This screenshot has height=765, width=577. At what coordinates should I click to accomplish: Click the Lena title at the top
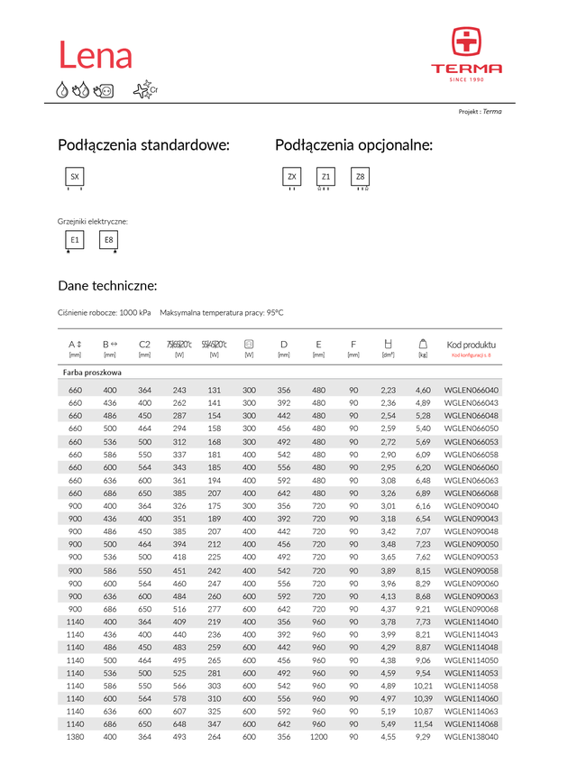[96, 55]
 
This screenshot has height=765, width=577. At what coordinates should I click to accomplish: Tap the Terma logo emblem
[466, 41]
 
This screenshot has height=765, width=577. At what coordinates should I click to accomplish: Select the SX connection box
[75, 177]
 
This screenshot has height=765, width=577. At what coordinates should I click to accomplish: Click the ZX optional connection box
[291, 177]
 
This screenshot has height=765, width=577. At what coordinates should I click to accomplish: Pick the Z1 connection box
[325, 177]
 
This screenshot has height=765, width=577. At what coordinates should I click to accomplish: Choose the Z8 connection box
[360, 177]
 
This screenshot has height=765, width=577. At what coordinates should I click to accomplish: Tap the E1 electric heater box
[75, 240]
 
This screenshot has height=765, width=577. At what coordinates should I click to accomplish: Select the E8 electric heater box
[109, 240]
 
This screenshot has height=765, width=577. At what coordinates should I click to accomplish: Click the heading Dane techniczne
[107, 286]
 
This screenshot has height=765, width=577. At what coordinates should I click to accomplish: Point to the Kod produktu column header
[471, 345]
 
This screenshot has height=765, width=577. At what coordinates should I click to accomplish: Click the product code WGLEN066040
[472, 390]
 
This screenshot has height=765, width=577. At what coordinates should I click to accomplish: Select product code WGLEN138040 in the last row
[472, 737]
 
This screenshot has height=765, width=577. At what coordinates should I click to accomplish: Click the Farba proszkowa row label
[92, 372]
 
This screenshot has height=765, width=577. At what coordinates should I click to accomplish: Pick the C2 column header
[144, 345]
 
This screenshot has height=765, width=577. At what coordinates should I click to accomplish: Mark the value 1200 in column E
[318, 737]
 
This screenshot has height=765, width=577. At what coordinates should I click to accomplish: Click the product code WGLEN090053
[472, 558]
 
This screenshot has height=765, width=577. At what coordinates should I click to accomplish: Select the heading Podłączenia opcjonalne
[353, 145]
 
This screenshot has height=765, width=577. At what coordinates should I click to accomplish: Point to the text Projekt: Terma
[480, 112]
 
